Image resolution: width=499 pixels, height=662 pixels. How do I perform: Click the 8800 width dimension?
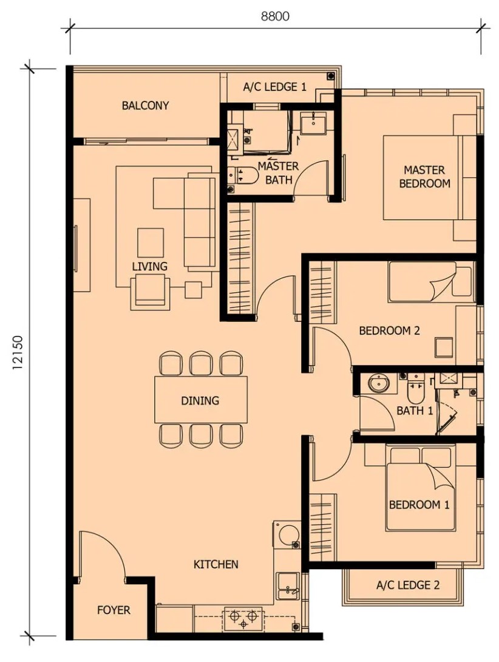[275, 16]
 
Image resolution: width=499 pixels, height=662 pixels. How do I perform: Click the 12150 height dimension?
[18, 353]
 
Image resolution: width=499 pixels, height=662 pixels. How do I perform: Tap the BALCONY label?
[145, 105]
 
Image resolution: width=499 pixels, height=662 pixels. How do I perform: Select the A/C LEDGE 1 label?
[274, 87]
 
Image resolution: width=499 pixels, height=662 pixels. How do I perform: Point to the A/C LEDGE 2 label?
[408, 585]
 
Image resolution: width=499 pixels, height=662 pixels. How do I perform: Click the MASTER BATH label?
[278, 172]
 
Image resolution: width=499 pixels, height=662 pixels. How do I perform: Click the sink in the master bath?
[313, 123]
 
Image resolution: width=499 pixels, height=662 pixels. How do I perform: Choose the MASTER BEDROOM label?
[424, 177]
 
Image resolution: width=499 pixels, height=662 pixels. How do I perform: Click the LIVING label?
[149, 267]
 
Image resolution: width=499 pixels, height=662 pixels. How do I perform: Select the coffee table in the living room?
[151, 242]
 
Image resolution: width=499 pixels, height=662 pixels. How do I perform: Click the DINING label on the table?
[200, 400]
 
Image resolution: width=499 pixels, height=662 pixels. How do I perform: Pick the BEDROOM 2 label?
[389, 330]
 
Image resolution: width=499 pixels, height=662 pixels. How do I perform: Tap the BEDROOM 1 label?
[419, 505]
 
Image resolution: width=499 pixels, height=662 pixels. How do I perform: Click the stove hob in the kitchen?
[243, 618]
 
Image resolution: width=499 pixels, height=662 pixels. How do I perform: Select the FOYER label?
[114, 610]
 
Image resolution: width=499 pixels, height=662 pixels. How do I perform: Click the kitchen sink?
[288, 585]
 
